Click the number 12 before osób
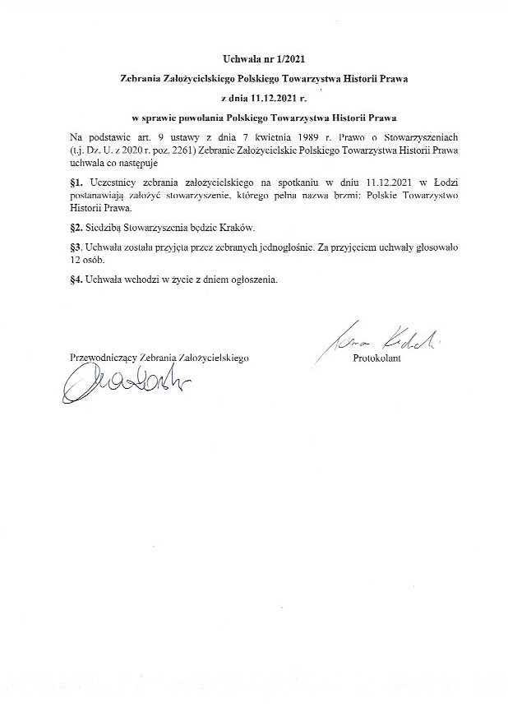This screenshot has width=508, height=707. [x=76, y=260]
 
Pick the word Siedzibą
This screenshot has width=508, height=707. [x=105, y=227]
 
